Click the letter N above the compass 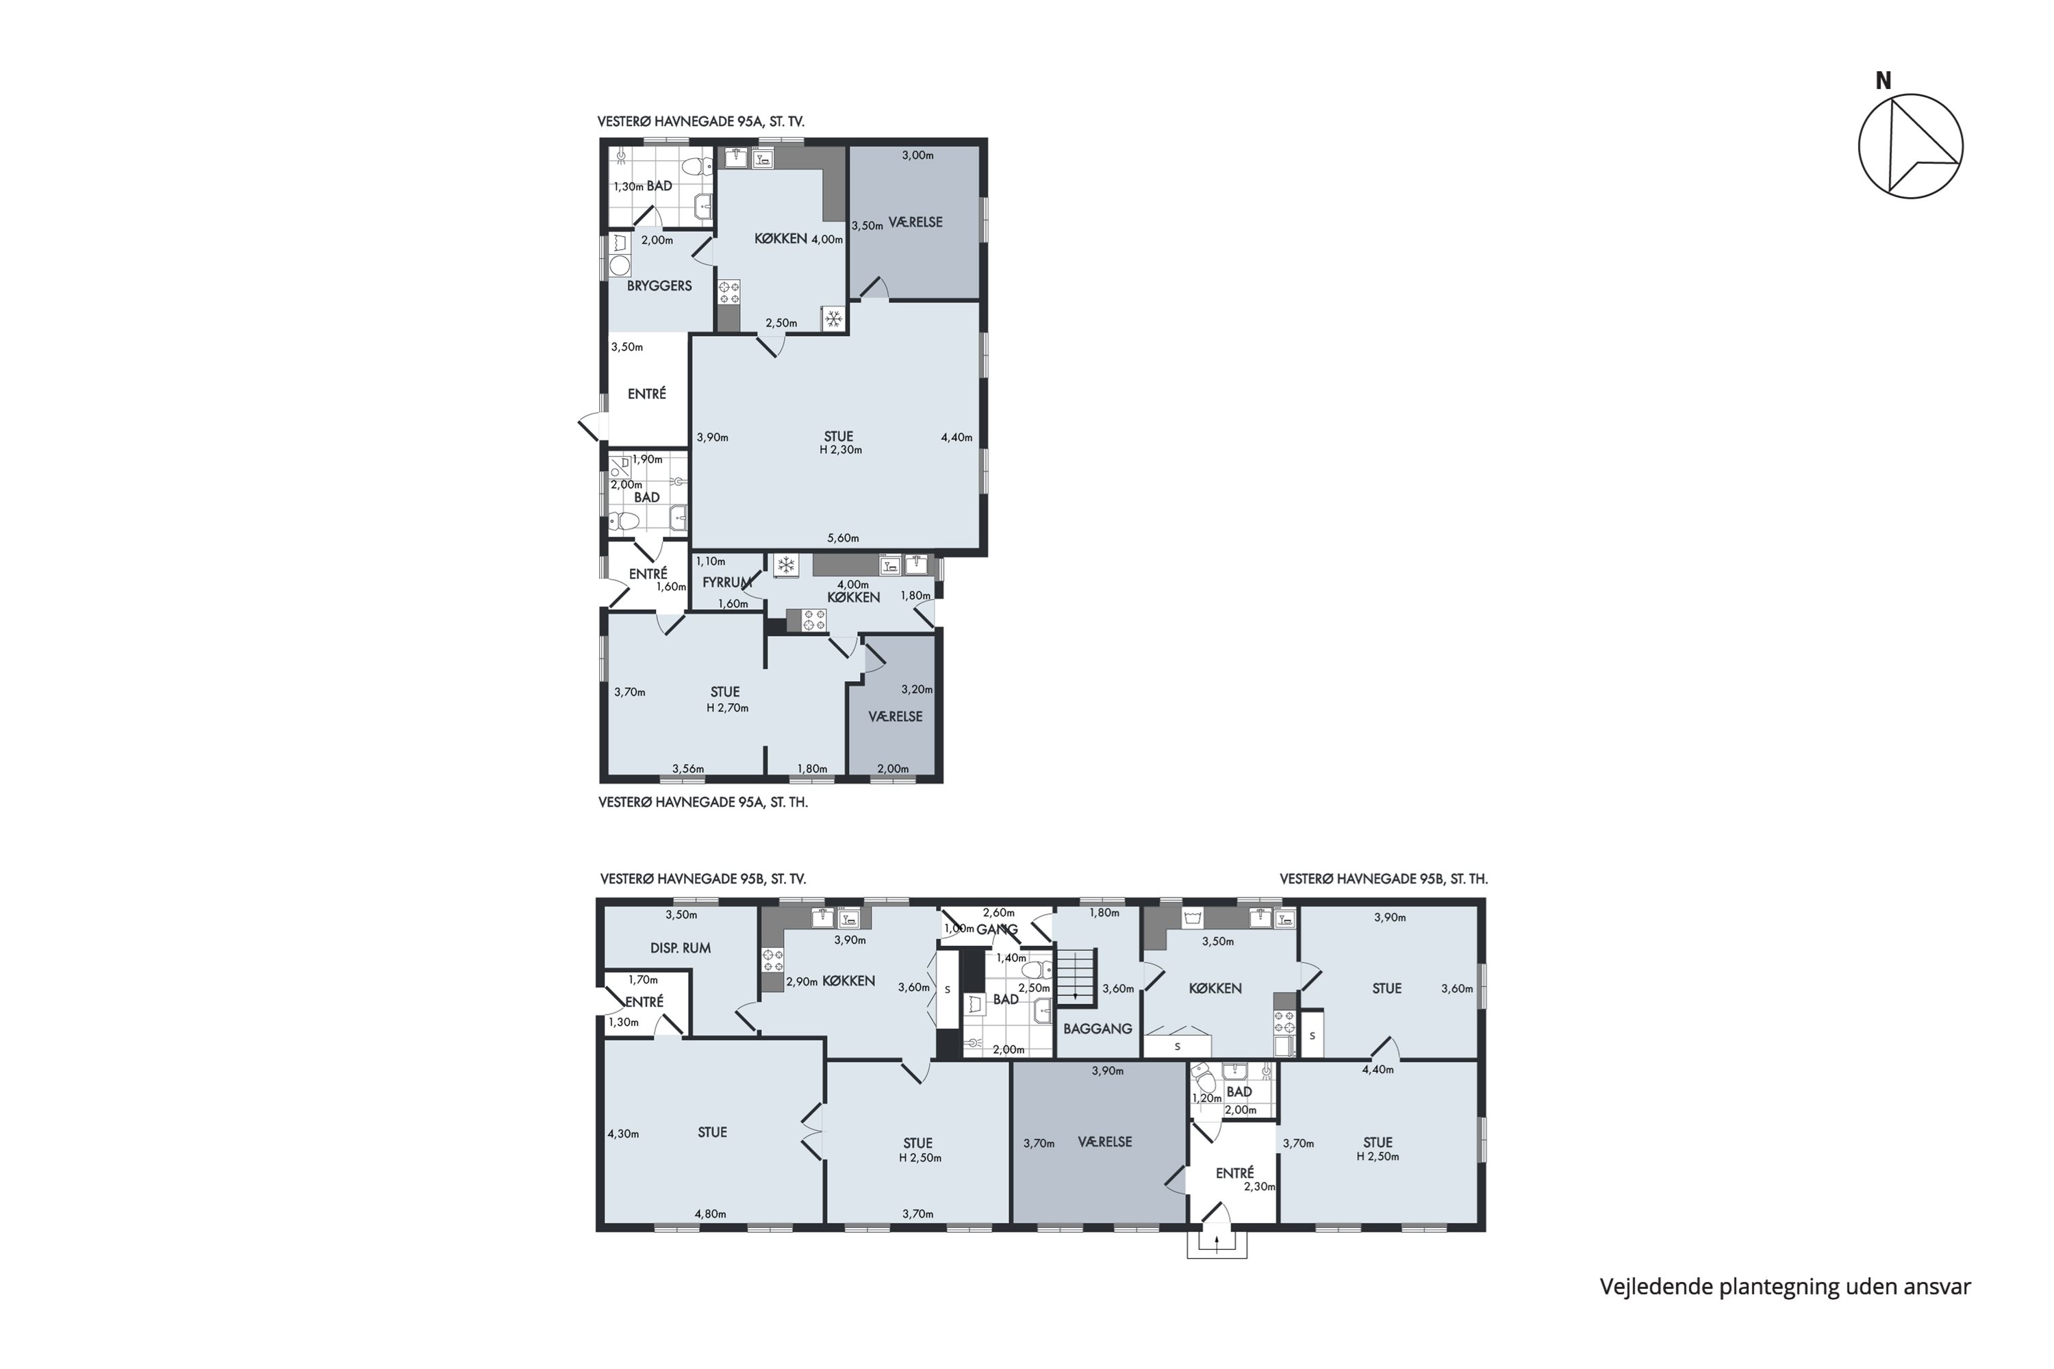(1884, 81)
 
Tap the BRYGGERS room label (659, 285)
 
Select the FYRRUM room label (726, 583)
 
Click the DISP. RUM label (681, 948)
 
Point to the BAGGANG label (1098, 1029)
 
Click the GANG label (998, 930)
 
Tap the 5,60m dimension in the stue (843, 538)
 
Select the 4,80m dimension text (710, 1214)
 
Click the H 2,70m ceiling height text (727, 707)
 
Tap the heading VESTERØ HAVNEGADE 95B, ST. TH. (1383, 879)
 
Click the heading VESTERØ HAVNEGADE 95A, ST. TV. (700, 121)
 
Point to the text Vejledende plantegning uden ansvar (1785, 1287)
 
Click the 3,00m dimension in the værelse (918, 155)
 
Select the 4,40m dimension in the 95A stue (956, 437)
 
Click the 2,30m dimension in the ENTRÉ (1259, 1186)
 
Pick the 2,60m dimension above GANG (998, 912)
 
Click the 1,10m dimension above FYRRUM (711, 561)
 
